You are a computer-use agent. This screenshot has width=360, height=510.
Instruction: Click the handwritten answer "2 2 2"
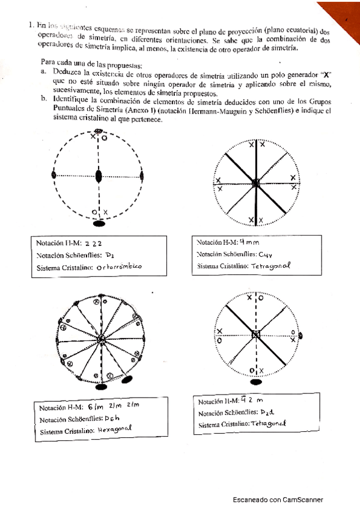(95, 244)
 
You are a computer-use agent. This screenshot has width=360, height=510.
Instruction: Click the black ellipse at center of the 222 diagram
(99, 176)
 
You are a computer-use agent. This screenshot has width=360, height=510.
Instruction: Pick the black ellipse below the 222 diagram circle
(100, 223)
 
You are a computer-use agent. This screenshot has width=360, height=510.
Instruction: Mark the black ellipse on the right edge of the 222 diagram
(142, 176)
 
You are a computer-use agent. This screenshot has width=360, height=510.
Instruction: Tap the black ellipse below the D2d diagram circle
(256, 381)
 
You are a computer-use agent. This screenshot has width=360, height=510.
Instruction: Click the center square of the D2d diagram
(256, 334)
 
